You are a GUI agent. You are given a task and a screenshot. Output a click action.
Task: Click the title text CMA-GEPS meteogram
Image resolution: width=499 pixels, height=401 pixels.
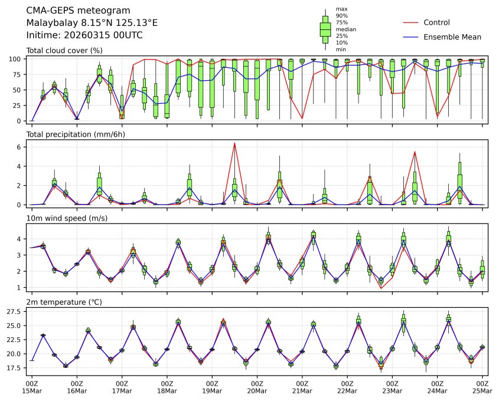70,11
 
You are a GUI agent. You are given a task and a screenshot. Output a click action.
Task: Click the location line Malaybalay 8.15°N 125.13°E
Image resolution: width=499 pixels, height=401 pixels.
92,23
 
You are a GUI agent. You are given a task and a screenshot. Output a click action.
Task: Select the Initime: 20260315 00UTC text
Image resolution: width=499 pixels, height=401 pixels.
84,35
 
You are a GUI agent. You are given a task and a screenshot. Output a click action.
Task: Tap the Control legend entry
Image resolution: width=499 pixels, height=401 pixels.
437,22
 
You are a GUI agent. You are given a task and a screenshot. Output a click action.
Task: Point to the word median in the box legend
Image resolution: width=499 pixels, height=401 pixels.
346,29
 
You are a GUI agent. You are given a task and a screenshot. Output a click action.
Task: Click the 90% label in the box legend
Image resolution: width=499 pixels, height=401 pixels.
342,15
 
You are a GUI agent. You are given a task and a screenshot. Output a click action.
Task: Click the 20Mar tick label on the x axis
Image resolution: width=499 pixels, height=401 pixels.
257,390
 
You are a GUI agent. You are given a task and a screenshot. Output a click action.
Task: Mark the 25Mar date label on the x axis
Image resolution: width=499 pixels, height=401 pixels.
482,390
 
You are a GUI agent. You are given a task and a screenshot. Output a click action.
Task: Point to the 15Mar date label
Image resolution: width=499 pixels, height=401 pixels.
32,390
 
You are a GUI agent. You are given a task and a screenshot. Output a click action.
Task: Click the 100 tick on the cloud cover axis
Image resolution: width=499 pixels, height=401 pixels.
17,59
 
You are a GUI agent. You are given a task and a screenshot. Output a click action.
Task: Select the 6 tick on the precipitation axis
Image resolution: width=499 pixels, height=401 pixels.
19,147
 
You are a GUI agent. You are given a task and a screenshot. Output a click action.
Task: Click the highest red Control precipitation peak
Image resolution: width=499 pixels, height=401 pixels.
234,143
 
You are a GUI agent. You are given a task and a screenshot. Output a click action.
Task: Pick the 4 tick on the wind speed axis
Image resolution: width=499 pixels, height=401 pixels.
19,239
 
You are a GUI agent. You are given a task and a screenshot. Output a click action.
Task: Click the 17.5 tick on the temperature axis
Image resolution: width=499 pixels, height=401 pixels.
14,368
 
